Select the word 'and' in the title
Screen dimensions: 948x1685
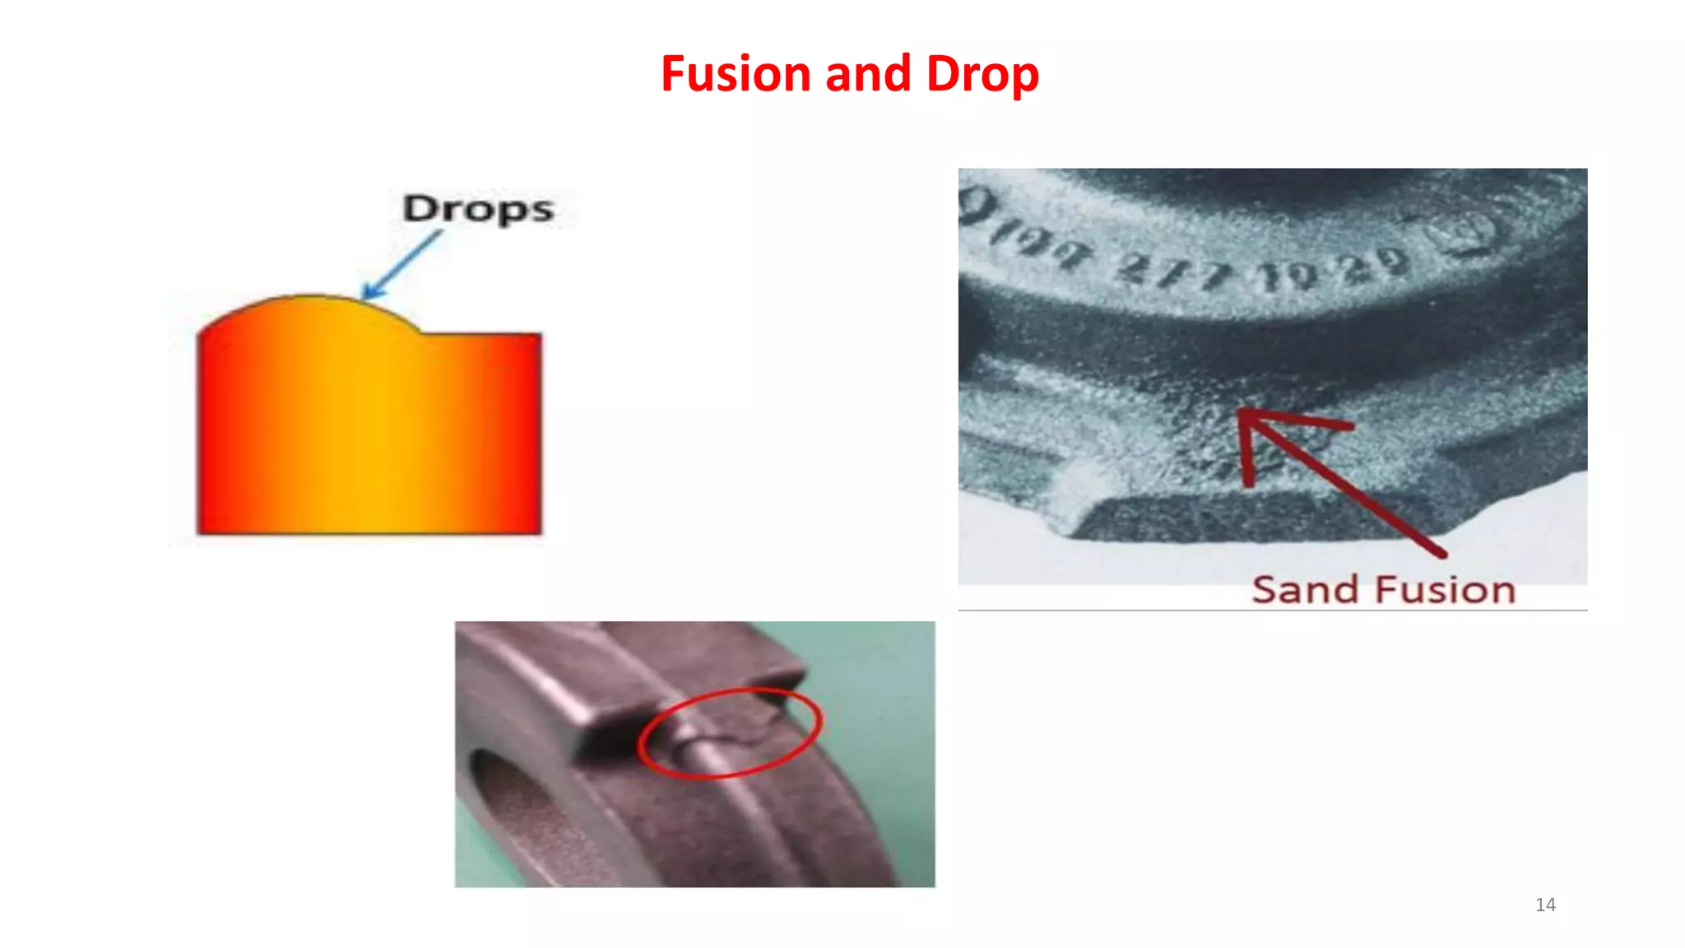868,74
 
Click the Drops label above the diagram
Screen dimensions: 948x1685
478,208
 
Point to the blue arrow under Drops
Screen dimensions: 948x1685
403,263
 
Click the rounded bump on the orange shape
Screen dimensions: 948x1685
309,309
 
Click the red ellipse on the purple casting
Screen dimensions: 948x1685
730,732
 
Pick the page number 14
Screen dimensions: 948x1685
1545,905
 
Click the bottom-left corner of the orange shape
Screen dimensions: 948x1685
200,532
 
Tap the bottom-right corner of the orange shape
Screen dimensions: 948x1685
539,532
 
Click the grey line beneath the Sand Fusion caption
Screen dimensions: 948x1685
1272,611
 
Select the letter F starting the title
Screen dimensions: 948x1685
675,74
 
